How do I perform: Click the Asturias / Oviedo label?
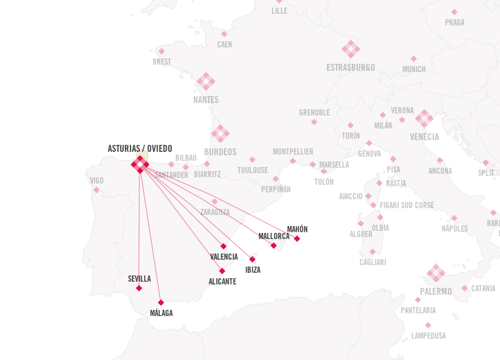140,148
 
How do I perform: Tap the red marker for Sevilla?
139,288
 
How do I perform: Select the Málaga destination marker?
161,302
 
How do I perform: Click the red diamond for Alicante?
222,271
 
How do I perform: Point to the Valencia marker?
223,246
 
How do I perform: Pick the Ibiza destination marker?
252,259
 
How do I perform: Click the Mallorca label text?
274,236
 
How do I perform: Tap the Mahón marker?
297,238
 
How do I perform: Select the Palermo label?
436,291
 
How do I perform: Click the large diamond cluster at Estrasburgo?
351,49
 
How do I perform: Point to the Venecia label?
424,137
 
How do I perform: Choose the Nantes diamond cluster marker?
205,82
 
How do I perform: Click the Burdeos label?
220,152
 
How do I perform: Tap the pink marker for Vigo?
96,190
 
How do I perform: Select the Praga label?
455,23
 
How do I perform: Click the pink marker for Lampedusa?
428,325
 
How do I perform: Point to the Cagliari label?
373,262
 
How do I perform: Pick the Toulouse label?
253,170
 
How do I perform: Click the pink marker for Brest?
161,51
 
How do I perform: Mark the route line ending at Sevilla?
139,234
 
